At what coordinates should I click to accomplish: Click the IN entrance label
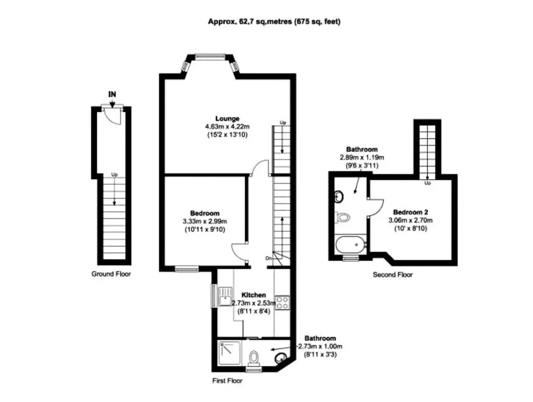coord(112,94)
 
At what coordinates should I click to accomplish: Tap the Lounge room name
coord(227,119)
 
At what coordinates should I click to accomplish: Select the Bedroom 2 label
coord(410,212)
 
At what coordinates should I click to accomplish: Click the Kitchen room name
coord(254,295)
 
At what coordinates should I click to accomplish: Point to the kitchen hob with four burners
coord(282,303)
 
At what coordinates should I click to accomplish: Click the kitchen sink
coord(225,296)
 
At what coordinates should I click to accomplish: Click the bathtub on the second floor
coord(351,245)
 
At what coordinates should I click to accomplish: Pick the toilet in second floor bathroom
coord(342,217)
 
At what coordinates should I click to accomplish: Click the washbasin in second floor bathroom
coord(339,197)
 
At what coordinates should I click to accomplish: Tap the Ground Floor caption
coord(111,274)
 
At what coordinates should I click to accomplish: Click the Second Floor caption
coord(393,275)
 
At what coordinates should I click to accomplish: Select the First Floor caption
coord(227,381)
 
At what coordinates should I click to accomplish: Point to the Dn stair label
coord(268,258)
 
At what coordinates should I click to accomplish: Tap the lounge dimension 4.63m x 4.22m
coord(227,126)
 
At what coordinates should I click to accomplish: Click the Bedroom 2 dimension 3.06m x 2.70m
coord(410,220)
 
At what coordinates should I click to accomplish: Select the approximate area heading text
coord(274,22)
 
